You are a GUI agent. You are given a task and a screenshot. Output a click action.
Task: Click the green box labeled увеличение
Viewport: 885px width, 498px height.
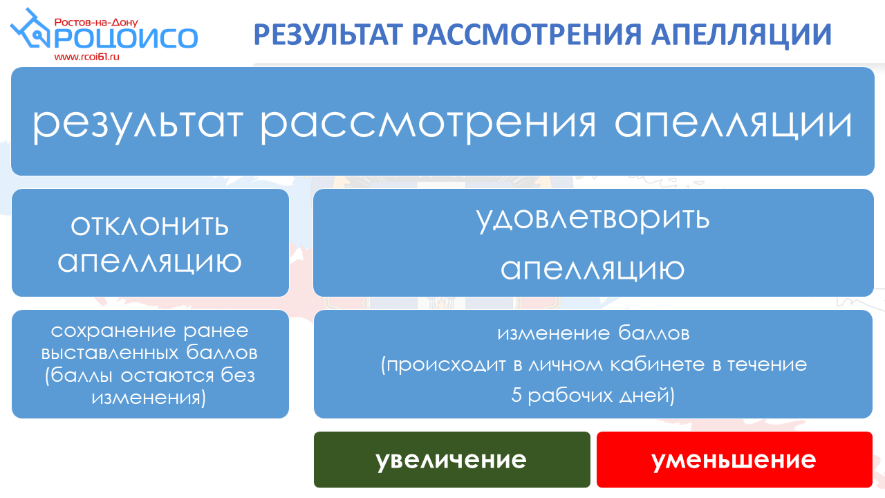(452, 459)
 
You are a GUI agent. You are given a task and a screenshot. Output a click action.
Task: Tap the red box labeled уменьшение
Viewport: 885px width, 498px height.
(734, 459)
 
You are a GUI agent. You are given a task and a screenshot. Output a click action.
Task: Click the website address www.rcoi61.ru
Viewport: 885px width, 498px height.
(87, 57)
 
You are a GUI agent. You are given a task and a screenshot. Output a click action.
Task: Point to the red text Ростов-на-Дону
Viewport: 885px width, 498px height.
(96, 22)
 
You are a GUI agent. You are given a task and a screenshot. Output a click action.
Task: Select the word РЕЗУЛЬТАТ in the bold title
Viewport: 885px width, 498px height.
(328, 35)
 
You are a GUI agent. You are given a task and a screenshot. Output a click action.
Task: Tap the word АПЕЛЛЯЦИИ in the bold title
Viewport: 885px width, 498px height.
(742, 35)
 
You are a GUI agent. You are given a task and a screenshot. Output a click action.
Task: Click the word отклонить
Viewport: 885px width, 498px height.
(150, 225)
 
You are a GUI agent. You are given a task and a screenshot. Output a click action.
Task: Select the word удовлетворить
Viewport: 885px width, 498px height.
(593, 219)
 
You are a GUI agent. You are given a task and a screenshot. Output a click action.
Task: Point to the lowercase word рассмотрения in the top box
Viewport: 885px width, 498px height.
(427, 124)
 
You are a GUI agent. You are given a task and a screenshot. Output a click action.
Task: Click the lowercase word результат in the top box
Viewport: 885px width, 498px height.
(137, 124)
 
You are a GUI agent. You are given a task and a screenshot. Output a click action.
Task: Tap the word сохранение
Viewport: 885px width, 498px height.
(113, 331)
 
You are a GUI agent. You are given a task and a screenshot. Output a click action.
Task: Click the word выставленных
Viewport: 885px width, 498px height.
(110, 353)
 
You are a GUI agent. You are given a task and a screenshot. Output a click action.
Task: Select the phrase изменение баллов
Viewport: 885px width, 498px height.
(593, 333)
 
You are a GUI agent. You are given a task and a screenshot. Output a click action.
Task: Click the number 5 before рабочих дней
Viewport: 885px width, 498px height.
(516, 395)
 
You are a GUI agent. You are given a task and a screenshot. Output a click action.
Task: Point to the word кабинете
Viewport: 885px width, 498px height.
(658, 365)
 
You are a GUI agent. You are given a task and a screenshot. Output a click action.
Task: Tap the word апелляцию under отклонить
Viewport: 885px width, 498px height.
(150, 262)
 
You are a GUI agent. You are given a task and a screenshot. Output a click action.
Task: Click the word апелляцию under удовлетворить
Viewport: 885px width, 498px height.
(593, 270)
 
